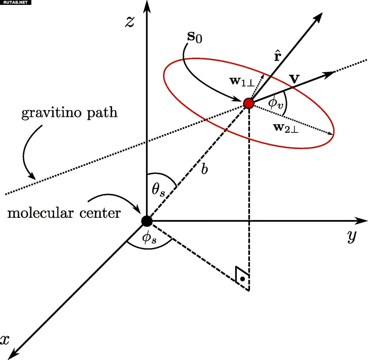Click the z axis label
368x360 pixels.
click(x=130, y=22)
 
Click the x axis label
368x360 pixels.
click(x=5, y=340)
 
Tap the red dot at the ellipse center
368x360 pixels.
click(x=249, y=103)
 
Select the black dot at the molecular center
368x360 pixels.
click(x=147, y=221)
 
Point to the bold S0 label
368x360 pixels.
click(x=194, y=37)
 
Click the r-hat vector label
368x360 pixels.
click(x=277, y=55)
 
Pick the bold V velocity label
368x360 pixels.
click(x=294, y=79)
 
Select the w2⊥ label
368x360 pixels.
click(x=286, y=128)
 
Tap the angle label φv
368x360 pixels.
click(x=275, y=103)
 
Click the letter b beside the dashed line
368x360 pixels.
click(x=204, y=169)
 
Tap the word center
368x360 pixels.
click(x=100, y=213)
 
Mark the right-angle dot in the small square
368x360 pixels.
click(x=242, y=279)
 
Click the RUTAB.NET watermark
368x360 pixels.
click(x=16, y=2)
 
